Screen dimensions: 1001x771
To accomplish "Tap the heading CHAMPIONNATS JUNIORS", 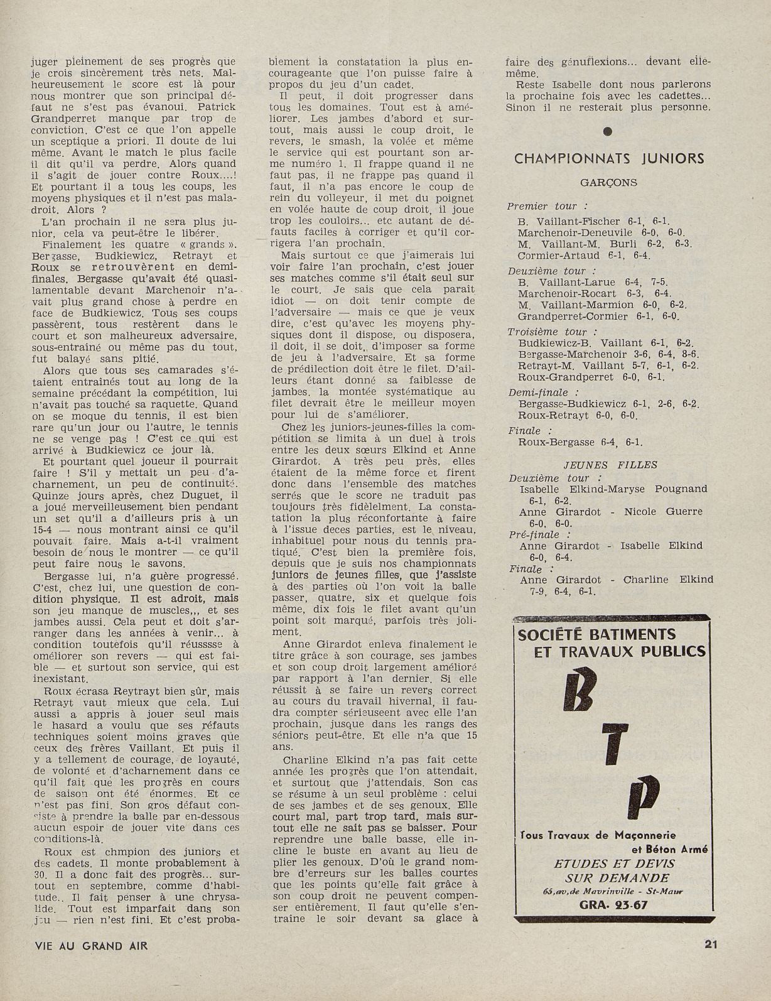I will [x=609, y=159].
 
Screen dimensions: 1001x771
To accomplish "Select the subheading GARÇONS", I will [x=608, y=183].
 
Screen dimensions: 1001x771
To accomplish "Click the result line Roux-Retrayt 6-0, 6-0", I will [x=578, y=415].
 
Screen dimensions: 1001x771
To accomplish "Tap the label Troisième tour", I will [x=548, y=332].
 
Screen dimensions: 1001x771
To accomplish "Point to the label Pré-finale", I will [x=534, y=534].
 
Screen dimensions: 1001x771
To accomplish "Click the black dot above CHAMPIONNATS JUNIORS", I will [x=607, y=132].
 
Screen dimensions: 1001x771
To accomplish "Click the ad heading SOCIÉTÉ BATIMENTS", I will [x=596, y=634].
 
